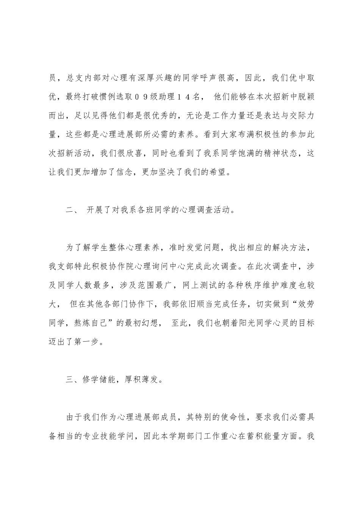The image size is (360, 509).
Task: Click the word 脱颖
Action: point(306,97)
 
